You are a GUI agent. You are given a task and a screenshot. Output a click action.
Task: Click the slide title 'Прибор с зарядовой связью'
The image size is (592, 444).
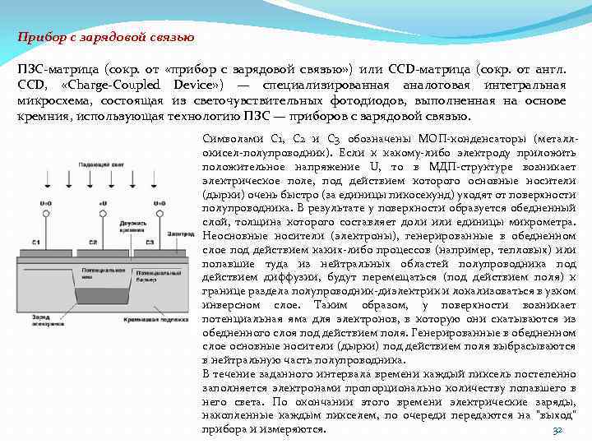coord(106,36)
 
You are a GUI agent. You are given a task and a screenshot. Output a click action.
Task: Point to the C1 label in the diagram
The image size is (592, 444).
coord(36,242)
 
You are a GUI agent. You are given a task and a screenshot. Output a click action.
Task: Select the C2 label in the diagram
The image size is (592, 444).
coord(93,242)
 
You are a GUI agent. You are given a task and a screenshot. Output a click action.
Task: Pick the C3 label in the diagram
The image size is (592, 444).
coord(149,242)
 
